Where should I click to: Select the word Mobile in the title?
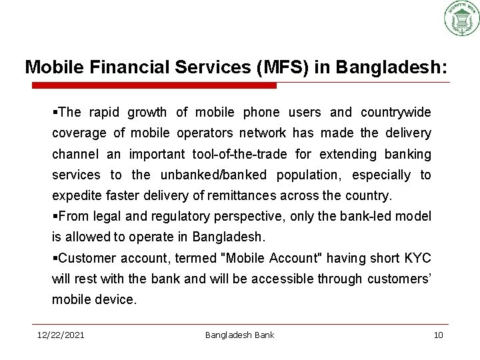[48, 68]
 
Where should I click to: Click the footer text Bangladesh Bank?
[239, 334]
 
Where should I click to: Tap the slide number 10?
[438, 334]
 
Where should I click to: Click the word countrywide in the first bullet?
[396, 111]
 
